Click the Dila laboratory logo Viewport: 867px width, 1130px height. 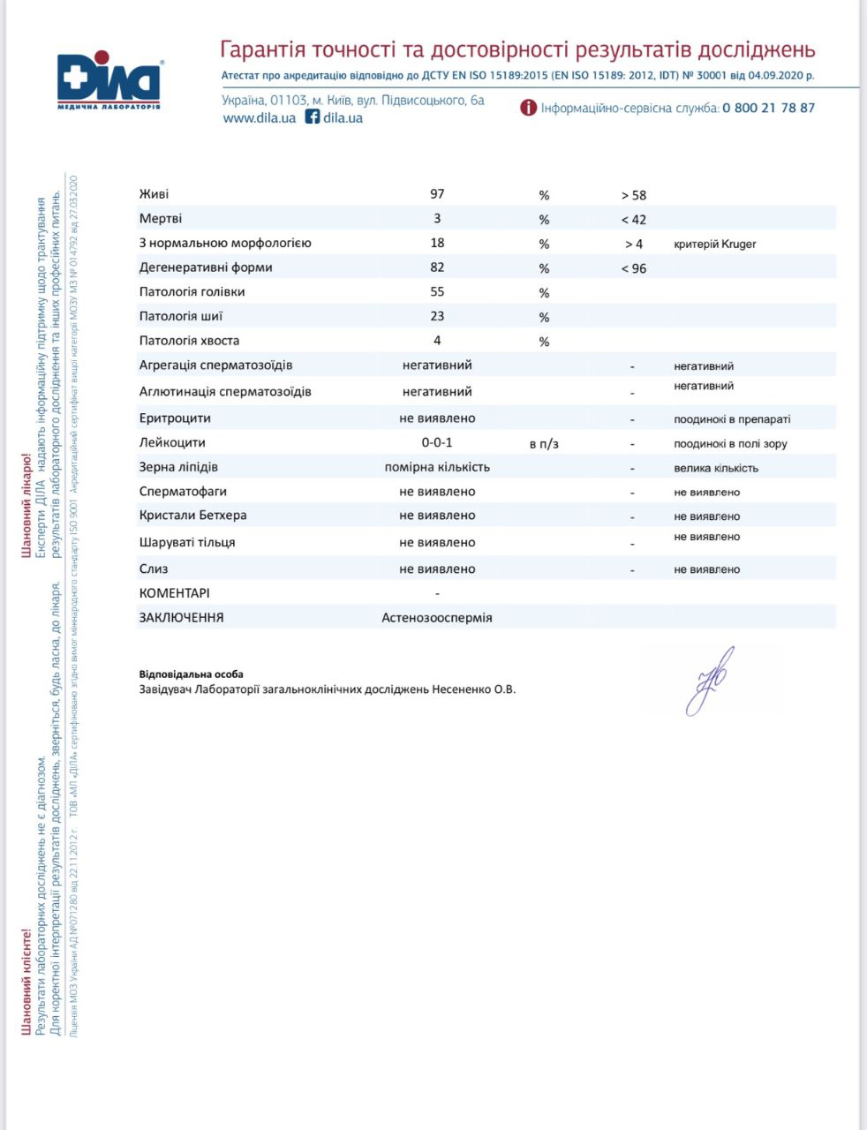pos(109,83)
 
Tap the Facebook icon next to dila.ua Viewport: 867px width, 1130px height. pos(313,117)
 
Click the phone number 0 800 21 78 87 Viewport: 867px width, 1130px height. pos(768,108)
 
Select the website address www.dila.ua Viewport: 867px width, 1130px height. pos(259,117)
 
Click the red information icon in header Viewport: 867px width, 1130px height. pos(528,108)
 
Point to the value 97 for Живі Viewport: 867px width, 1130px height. pos(437,194)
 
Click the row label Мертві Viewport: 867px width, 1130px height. pos(161,218)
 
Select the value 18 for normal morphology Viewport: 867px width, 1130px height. pos(437,243)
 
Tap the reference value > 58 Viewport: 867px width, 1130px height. pos(633,195)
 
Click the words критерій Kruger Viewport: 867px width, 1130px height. pos(714,244)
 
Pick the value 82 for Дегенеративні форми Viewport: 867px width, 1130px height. pos(437,267)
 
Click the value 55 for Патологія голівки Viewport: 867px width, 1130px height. pos(437,291)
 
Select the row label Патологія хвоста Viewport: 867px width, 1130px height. pos(189,341)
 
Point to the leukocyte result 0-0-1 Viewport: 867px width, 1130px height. pos(437,442)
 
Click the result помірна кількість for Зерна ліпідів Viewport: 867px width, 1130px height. pos(437,467)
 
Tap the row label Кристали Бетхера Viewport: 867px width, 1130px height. pos(192,515)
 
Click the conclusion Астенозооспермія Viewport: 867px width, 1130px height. pos(437,618)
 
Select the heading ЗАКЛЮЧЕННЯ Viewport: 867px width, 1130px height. pos(181,618)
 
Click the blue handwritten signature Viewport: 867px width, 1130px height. pos(712,680)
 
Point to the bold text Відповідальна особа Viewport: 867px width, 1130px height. pos(191,674)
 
